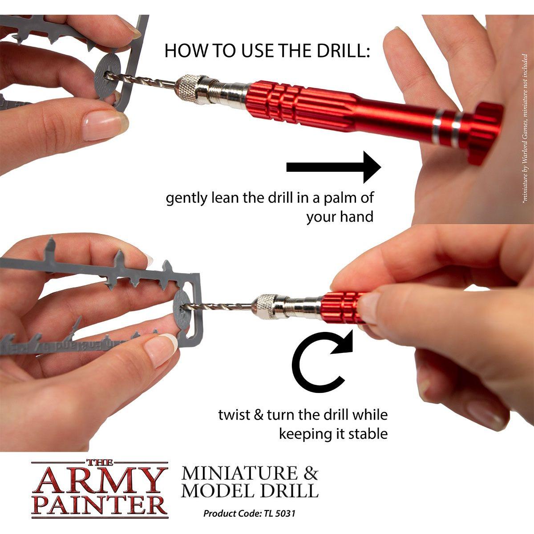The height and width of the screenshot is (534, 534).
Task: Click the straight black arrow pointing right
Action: click(334, 167)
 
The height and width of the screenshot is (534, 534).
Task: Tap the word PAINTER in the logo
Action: click(100, 506)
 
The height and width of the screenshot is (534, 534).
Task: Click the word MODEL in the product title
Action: click(216, 490)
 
